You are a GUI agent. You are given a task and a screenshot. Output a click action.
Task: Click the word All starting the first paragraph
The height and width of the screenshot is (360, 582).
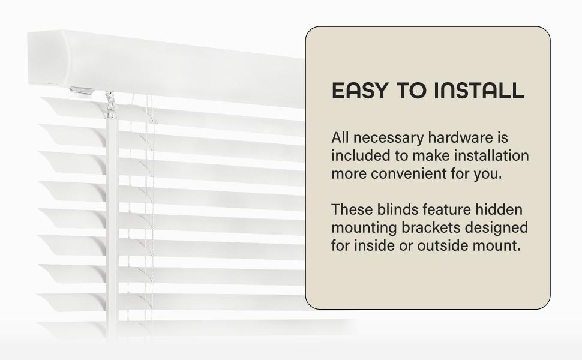pos(340,137)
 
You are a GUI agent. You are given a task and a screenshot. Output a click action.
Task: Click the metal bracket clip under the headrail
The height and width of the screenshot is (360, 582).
pos(81,90)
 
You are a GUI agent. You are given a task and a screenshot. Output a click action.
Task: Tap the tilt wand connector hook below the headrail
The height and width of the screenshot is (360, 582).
pos(110,105)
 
